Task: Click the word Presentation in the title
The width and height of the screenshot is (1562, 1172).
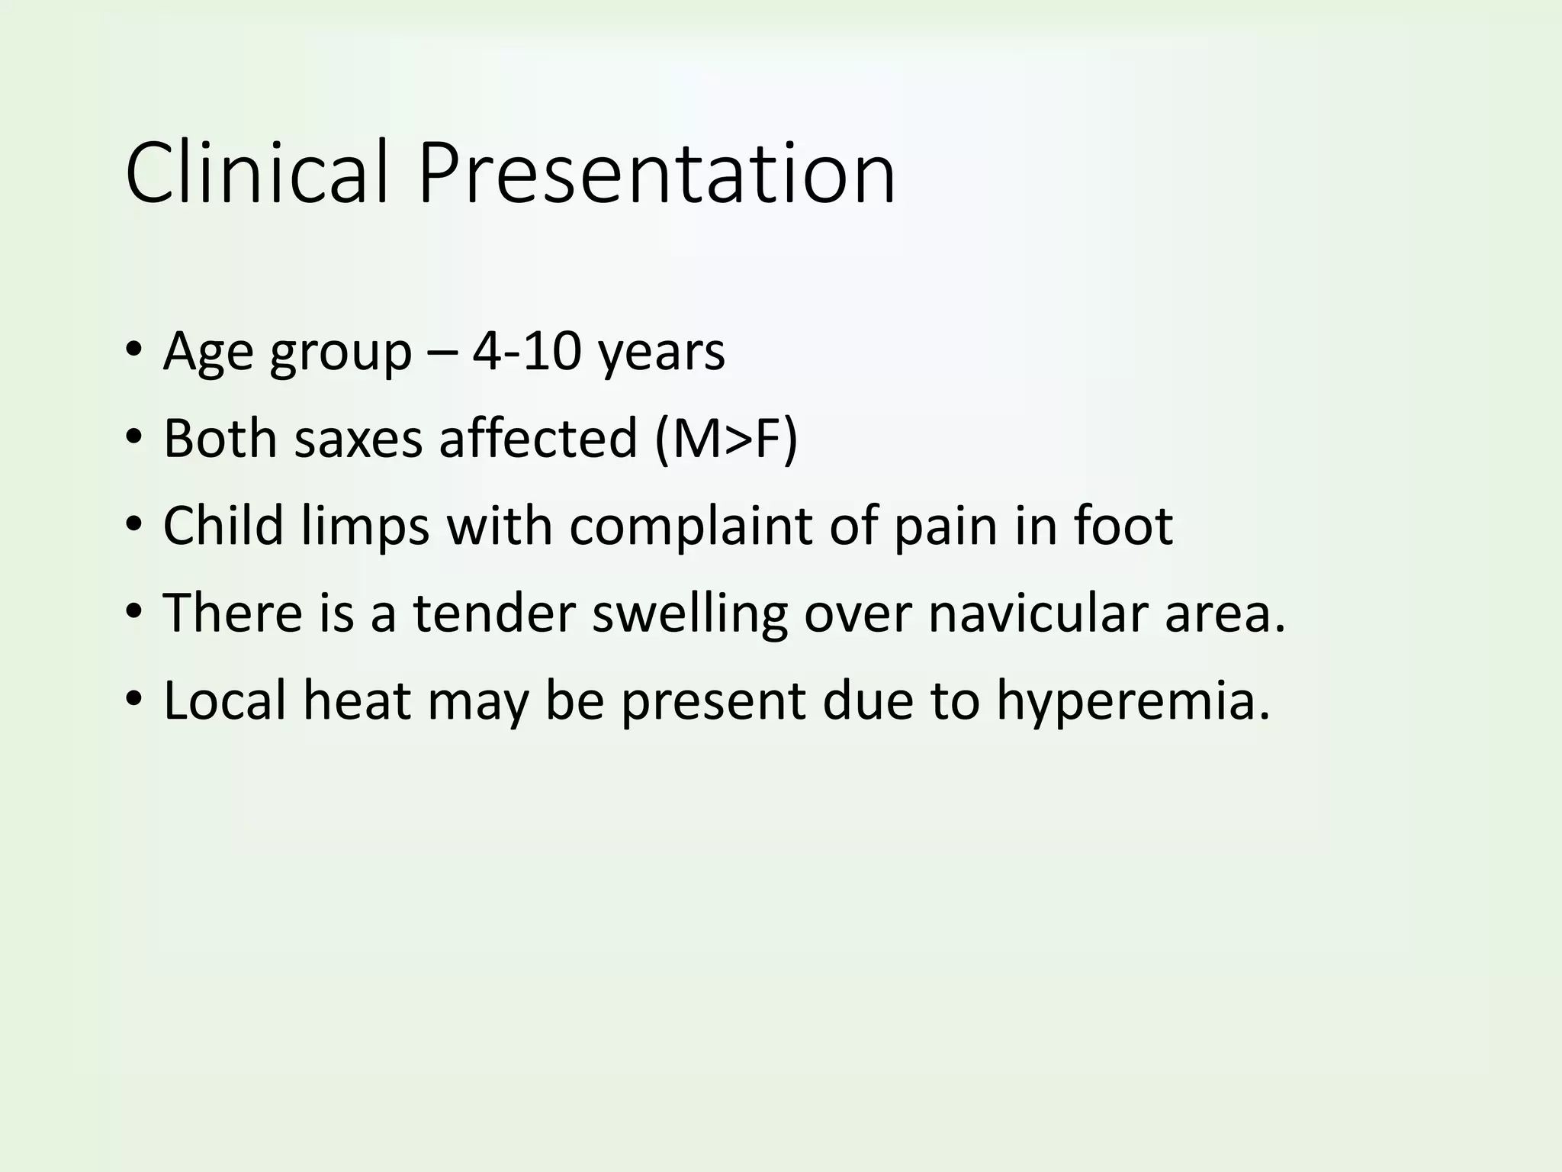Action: [657, 173]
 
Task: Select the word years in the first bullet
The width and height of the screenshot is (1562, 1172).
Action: [661, 353]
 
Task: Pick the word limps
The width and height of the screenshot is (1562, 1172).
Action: [365, 526]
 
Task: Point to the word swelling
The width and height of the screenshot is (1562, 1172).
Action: [689, 614]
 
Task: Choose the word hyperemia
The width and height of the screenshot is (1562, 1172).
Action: [1133, 701]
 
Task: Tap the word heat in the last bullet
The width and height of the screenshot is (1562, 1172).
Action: [357, 700]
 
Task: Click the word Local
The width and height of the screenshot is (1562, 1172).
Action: [225, 700]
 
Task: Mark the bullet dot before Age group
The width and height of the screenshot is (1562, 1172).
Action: [134, 350]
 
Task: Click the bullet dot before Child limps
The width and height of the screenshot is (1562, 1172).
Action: [134, 525]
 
